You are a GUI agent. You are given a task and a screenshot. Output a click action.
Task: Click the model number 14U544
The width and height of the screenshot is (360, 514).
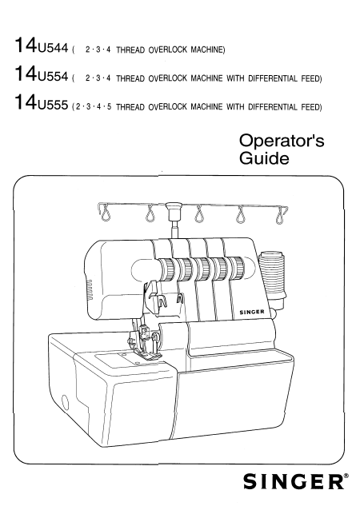click(42, 46)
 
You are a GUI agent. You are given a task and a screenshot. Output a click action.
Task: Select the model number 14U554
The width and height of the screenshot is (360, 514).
click(42, 74)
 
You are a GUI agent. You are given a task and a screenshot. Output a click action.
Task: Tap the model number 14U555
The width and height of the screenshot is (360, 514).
click(42, 102)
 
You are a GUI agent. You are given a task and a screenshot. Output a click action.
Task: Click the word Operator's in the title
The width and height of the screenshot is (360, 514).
click(282, 141)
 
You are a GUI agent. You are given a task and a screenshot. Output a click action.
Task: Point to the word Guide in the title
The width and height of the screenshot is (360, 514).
click(264, 158)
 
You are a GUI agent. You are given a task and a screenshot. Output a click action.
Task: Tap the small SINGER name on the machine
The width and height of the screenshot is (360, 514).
click(252, 312)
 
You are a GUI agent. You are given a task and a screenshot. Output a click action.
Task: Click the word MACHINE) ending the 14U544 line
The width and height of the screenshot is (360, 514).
click(208, 50)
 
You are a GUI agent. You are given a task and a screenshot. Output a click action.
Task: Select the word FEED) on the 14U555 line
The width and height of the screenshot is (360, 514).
click(311, 107)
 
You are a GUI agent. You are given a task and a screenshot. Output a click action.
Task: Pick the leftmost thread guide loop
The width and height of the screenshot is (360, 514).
click(105, 213)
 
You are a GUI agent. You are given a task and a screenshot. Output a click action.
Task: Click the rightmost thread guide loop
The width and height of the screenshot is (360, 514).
click(280, 215)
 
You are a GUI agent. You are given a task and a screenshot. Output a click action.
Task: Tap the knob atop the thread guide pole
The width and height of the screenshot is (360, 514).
click(174, 207)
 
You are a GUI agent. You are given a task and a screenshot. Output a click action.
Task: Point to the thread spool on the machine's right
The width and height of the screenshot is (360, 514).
click(272, 273)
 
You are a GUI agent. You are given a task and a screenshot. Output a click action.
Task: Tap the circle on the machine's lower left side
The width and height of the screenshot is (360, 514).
click(66, 403)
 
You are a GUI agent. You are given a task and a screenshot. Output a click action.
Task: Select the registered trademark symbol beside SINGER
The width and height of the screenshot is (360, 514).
click(346, 476)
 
